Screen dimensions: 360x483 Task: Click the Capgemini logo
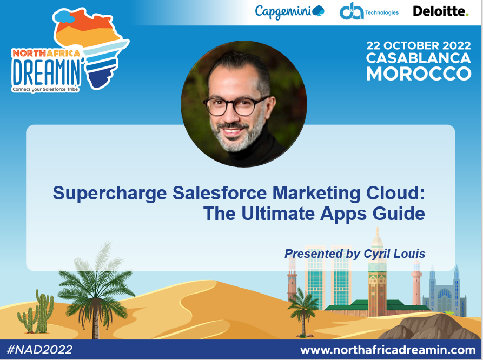[x=289, y=11]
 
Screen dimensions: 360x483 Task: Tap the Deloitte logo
[x=440, y=11]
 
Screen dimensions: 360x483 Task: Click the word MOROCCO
[x=418, y=74]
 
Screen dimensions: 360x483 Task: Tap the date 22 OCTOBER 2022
[x=418, y=45]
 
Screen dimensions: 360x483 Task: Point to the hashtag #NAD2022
[x=39, y=349]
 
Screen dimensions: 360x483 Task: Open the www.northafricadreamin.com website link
[x=388, y=349]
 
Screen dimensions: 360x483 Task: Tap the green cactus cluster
[x=37, y=314]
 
